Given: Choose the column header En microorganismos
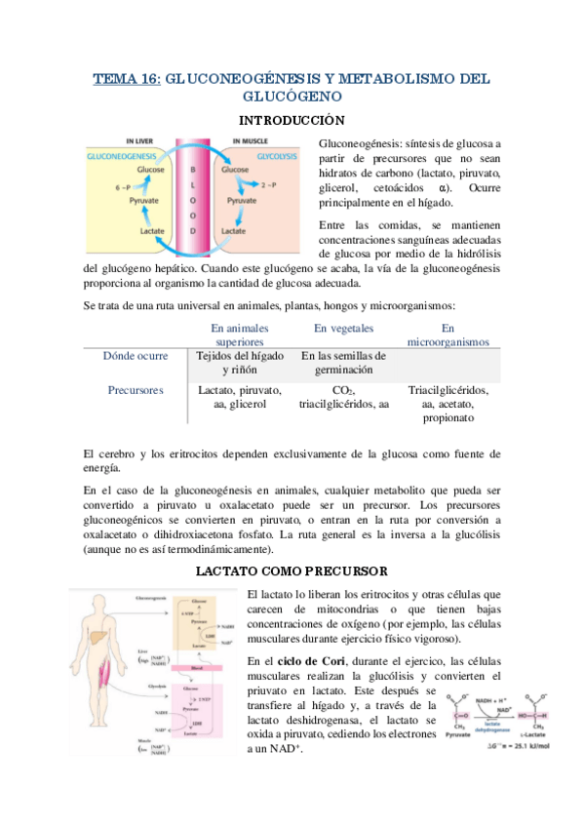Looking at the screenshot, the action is pyautogui.click(x=448, y=335).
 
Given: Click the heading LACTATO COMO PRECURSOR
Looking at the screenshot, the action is pyautogui.click(x=292, y=570).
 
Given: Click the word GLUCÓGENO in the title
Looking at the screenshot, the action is pyautogui.click(x=292, y=97).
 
